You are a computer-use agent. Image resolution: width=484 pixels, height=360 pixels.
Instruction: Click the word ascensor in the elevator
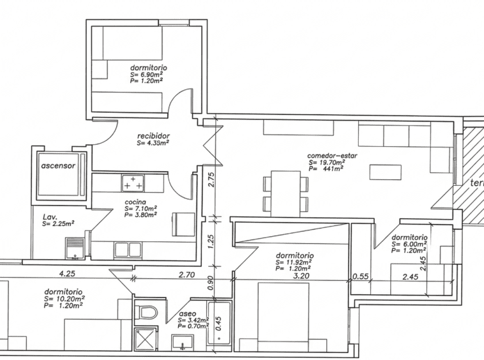(58, 166)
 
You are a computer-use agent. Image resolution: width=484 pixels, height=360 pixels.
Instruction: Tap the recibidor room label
(153, 136)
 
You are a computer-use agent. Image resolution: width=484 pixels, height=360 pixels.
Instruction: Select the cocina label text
(135, 202)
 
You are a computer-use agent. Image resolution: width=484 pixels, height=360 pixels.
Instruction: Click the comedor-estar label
(332, 156)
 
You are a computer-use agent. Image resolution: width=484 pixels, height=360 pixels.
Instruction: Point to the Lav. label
(49, 216)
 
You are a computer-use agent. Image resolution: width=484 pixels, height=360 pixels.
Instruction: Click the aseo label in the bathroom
(187, 314)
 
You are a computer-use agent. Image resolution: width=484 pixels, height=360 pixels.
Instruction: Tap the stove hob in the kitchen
(133, 182)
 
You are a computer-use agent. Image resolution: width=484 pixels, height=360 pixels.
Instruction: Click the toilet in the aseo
(148, 312)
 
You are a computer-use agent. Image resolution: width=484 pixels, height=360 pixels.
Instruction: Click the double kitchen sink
(128, 250)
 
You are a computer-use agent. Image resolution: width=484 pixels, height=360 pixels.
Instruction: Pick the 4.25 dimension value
(67, 274)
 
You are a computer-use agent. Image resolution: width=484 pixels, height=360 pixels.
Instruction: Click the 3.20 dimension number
(301, 276)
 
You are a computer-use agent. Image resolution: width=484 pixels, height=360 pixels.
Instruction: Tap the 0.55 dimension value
(360, 276)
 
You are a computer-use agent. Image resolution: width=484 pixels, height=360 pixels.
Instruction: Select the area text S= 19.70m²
(326, 163)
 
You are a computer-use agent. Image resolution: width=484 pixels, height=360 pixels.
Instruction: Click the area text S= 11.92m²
(294, 262)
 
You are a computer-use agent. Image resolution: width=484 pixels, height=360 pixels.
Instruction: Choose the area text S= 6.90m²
(147, 75)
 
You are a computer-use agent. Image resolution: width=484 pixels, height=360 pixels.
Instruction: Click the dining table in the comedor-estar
(285, 194)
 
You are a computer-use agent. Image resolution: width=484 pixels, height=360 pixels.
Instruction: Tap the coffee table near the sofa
(386, 172)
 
